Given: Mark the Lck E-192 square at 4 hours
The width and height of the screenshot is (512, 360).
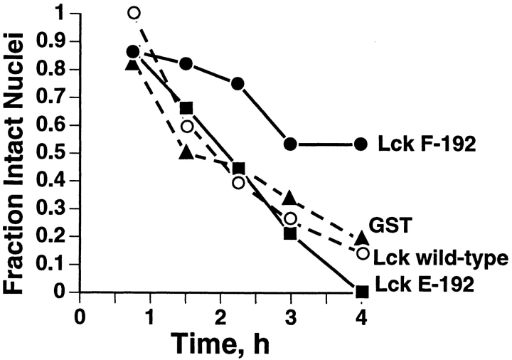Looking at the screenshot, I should click(361, 291).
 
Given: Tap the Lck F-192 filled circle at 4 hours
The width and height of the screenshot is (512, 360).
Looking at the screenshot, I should click(361, 144).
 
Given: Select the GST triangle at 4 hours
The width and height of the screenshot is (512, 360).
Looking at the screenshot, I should click(361, 238).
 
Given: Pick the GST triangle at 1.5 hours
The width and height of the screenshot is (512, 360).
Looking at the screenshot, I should click(186, 152).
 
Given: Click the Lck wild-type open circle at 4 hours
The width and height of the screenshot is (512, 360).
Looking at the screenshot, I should click(362, 253).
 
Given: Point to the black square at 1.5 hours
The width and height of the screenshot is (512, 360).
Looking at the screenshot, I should click(186, 108).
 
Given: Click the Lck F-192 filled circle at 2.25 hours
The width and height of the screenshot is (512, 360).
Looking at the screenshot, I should click(238, 83).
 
